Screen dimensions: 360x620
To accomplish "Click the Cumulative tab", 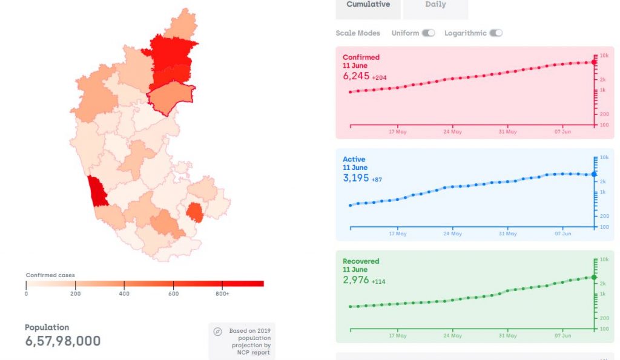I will coord(368,5).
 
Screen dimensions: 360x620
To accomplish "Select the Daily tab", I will coord(435,5).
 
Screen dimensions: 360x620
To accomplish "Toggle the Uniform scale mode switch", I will coord(428,33).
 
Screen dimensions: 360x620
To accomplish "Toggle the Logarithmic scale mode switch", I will coord(496,33).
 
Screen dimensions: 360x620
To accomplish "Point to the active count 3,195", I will coord(356,178).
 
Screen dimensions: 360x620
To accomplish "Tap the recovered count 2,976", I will coord(356,280).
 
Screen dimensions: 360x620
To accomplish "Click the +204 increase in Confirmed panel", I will coord(380,78).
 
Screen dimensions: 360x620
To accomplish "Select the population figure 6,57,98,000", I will coord(63,341).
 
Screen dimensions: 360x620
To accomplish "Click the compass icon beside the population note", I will coord(218,332).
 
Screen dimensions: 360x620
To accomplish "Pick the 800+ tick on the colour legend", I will coord(222,293).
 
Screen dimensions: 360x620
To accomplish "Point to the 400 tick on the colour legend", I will coord(124,293).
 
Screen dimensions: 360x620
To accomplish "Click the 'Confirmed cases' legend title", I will coord(50,275).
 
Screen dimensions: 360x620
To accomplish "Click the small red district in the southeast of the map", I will coord(194,213).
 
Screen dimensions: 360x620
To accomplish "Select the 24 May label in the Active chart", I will coord(452,234).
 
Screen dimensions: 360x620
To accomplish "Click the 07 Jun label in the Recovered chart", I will coord(562,335).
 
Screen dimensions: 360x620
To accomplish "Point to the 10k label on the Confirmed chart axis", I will coord(603,56).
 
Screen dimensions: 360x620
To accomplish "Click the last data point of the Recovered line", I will coord(594,277).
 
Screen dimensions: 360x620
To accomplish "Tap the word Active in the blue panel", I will coord(354,160).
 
